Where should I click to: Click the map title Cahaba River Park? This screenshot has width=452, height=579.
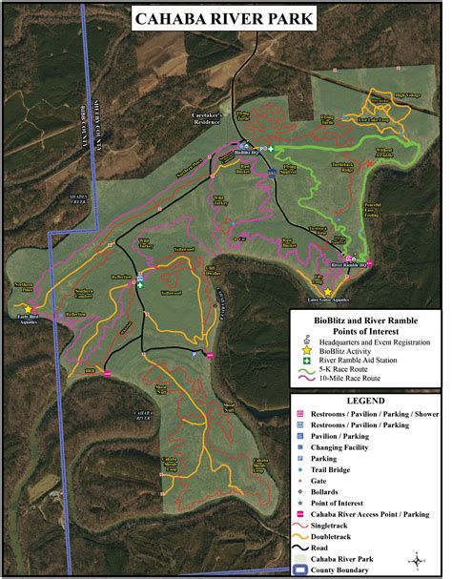point(226,18)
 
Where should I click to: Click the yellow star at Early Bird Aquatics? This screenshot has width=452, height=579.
point(28,309)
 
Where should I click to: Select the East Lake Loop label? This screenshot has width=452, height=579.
point(372,120)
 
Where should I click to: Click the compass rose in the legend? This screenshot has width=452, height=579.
point(415,560)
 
